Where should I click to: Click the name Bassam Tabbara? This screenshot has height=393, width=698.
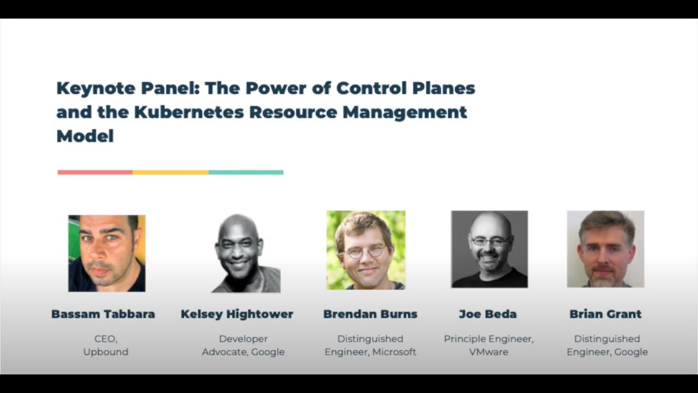(x=103, y=314)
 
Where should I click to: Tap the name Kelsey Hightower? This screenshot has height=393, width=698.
(x=237, y=314)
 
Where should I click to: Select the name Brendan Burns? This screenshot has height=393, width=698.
(x=370, y=314)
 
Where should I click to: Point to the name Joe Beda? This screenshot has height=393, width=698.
(x=488, y=314)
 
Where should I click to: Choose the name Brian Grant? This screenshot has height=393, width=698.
(x=605, y=314)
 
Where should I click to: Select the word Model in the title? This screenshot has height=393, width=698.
(x=85, y=136)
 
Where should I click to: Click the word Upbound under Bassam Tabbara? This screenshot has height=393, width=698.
(x=106, y=352)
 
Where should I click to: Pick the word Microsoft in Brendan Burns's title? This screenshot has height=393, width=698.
(x=394, y=352)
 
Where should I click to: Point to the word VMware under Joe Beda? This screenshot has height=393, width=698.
(x=489, y=352)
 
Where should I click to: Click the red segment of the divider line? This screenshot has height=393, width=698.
(x=95, y=172)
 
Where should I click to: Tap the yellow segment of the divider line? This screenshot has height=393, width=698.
(x=170, y=172)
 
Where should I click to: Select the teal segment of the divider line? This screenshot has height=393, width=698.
(x=246, y=172)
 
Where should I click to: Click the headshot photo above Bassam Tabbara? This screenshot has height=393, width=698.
(x=107, y=253)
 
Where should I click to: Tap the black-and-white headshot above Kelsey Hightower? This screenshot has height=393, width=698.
(x=245, y=253)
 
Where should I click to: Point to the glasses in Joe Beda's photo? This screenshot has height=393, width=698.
(x=490, y=241)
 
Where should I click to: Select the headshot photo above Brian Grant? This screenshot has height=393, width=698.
(x=605, y=249)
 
